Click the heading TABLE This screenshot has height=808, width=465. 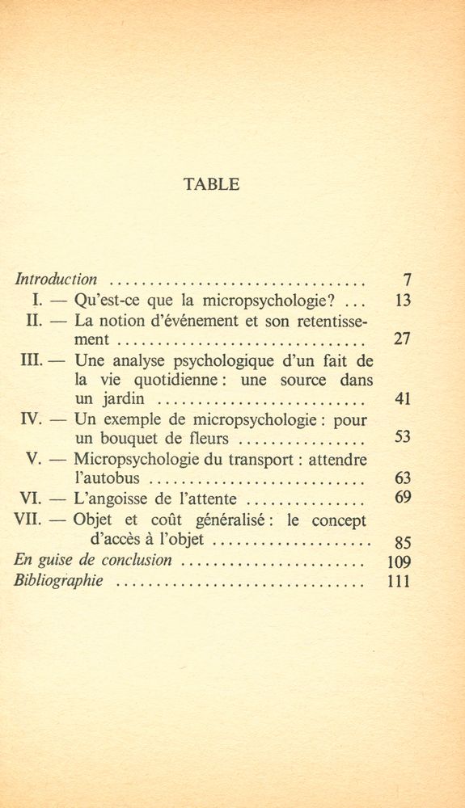click(x=212, y=184)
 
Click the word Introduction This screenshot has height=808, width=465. click(x=57, y=280)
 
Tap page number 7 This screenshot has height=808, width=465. click(x=408, y=280)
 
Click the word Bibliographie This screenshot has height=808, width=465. click(x=60, y=582)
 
